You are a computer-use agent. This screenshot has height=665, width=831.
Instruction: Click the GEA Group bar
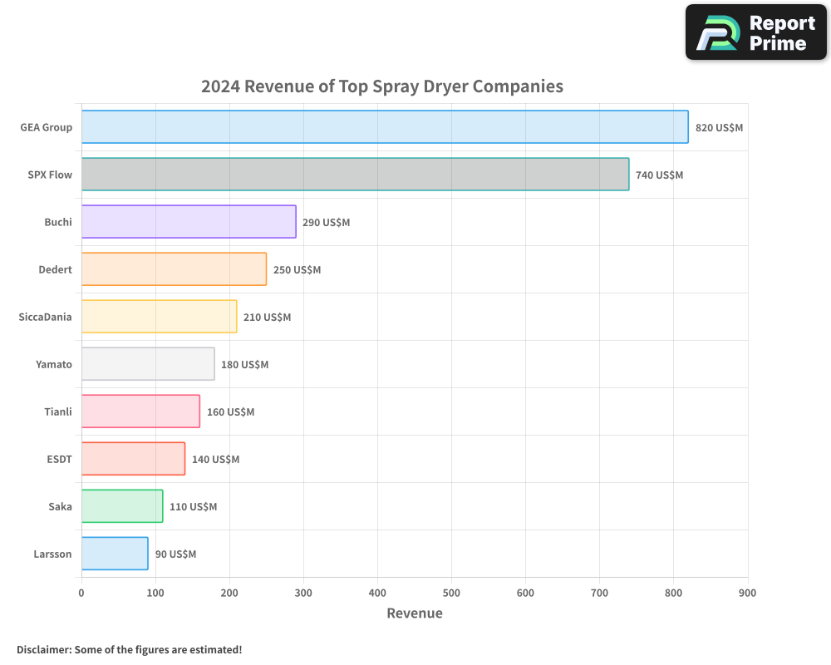385,127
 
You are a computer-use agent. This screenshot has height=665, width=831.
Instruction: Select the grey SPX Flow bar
355,175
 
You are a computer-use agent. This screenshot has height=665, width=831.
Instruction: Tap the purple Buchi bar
189,222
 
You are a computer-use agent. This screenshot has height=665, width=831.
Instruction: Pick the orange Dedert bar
174,269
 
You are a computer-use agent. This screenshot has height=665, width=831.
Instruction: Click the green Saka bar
122,506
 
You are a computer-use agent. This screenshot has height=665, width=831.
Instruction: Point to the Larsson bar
115,554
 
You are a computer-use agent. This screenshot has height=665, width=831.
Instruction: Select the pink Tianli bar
140,411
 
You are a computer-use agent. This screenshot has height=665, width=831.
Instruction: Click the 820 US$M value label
719,128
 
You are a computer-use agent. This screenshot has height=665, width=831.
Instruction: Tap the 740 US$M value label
659,175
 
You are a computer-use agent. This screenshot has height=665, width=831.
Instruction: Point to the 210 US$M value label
267,318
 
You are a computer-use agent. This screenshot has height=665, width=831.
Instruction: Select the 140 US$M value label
215,460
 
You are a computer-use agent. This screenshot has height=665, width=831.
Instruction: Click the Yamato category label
54,364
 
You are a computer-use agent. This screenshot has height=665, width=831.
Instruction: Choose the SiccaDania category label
45,317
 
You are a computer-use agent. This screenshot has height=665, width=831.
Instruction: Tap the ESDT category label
59,459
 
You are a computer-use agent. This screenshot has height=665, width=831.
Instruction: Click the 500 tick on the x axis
451,593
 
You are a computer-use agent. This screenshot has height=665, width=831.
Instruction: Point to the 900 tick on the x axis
747,593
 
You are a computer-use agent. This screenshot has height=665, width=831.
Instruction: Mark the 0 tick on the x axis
81,593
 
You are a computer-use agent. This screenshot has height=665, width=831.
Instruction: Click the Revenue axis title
415,613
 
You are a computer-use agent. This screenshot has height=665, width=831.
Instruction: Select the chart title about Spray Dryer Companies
382,86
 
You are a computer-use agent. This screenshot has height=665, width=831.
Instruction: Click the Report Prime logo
755,32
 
